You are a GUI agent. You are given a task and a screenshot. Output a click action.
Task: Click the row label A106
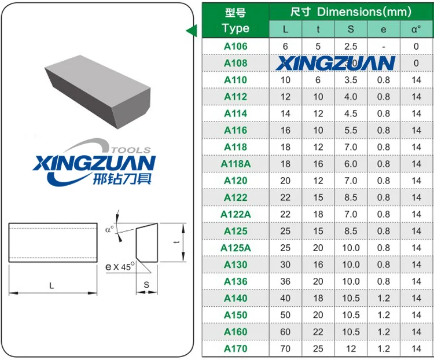tap(236, 46)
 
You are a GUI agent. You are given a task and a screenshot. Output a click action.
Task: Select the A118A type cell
tap(236, 164)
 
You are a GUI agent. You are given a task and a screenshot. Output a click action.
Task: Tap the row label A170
tap(236, 348)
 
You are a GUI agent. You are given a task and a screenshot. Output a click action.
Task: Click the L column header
tap(285, 29)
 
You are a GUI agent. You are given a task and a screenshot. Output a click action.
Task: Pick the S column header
tap(351, 29)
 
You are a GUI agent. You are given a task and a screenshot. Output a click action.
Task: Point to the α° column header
tap(416, 29)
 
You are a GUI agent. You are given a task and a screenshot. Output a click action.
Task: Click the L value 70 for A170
tap(285, 348)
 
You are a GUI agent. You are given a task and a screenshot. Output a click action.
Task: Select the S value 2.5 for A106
tap(351, 46)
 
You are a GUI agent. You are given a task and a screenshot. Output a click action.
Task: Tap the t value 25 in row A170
tap(318, 348)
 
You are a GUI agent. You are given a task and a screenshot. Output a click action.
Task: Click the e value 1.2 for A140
tap(384, 298)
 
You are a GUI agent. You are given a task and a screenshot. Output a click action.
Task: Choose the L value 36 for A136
tap(285, 281)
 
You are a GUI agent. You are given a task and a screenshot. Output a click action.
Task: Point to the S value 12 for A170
tap(351, 348)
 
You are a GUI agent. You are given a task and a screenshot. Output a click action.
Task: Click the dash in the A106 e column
tap(384, 46)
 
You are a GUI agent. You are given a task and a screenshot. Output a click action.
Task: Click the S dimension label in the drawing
tap(146, 285)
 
